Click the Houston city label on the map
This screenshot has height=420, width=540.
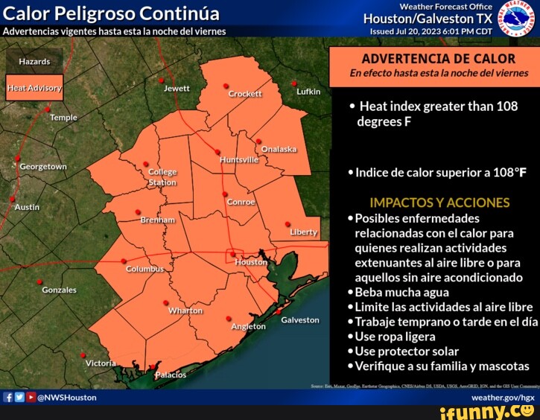251,262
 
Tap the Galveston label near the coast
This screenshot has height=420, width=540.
300,319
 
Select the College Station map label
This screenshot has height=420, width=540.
162,176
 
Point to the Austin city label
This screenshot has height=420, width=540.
27,206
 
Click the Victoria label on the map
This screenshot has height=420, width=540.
101,363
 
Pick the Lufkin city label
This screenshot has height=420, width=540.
308,92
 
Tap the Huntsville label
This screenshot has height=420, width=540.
239,159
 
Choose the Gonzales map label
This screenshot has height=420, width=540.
59,290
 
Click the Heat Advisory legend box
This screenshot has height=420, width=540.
34,88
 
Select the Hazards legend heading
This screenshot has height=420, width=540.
34,61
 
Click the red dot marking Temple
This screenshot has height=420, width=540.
48,109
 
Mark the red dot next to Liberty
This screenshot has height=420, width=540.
288,223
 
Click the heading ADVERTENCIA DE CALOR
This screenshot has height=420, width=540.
438,59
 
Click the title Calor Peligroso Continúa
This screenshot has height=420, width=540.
112,14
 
